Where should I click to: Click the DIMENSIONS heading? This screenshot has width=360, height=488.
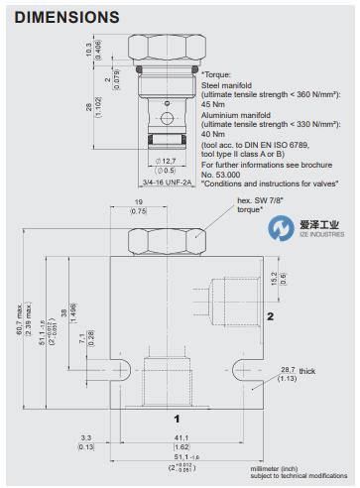coord(67,17)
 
